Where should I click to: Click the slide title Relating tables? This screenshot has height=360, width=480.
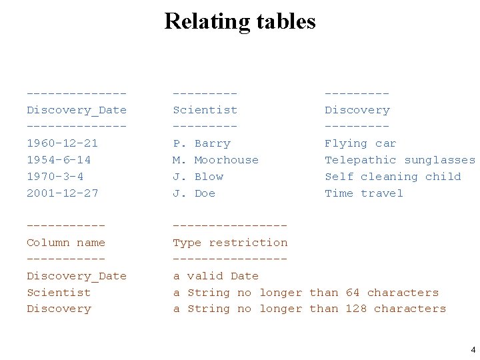coord(240,21)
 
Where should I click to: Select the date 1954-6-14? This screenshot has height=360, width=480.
coord(59,160)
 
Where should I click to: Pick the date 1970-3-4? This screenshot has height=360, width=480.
coord(55,177)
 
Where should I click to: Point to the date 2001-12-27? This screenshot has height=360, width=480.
coord(62,193)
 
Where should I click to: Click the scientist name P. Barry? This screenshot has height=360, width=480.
coord(201,143)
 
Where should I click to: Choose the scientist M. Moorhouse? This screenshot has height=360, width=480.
coord(215,160)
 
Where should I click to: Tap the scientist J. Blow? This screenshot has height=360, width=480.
coord(198,177)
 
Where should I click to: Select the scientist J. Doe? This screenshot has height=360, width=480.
coord(194,193)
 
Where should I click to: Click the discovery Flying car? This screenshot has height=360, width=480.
coord(360,143)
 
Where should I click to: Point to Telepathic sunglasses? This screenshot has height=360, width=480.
coord(400,160)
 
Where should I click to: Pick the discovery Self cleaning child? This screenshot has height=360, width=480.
coord(393,177)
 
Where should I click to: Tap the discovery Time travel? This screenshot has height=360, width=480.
coord(364,193)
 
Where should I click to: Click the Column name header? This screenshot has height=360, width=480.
coord(66,243)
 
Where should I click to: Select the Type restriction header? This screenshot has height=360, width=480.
coord(230,243)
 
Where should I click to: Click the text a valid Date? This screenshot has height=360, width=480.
coord(215,276)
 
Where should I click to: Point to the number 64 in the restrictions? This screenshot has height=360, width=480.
coord(353,293)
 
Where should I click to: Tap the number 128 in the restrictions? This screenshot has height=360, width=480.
coord(356,309)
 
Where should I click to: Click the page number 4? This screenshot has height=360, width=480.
coord(473,349)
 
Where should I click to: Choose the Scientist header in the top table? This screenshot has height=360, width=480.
coord(205,110)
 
